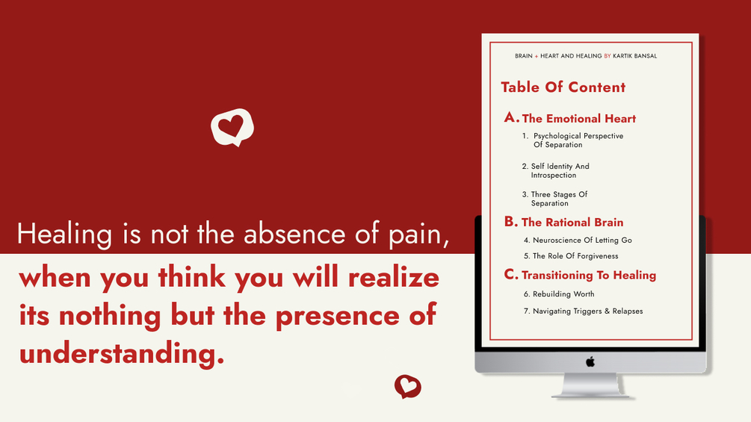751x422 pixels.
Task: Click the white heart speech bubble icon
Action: [x=232, y=127]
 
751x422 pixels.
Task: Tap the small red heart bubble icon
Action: [x=407, y=386]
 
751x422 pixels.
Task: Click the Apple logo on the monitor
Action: [x=590, y=362]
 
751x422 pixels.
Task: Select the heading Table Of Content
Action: [x=563, y=87]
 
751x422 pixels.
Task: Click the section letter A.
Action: [x=511, y=117]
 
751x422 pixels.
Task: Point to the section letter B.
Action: [x=511, y=222]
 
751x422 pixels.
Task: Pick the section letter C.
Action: [x=511, y=274]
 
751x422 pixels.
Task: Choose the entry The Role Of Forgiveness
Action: [x=571, y=256]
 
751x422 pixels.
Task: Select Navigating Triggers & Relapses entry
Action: [x=584, y=311]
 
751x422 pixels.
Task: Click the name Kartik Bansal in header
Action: [x=635, y=56]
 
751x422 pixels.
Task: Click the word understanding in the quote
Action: [x=122, y=354]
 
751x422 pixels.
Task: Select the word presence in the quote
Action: [x=337, y=316]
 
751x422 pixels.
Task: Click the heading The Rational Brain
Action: [x=572, y=222]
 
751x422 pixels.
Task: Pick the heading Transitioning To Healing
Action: [x=589, y=275]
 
